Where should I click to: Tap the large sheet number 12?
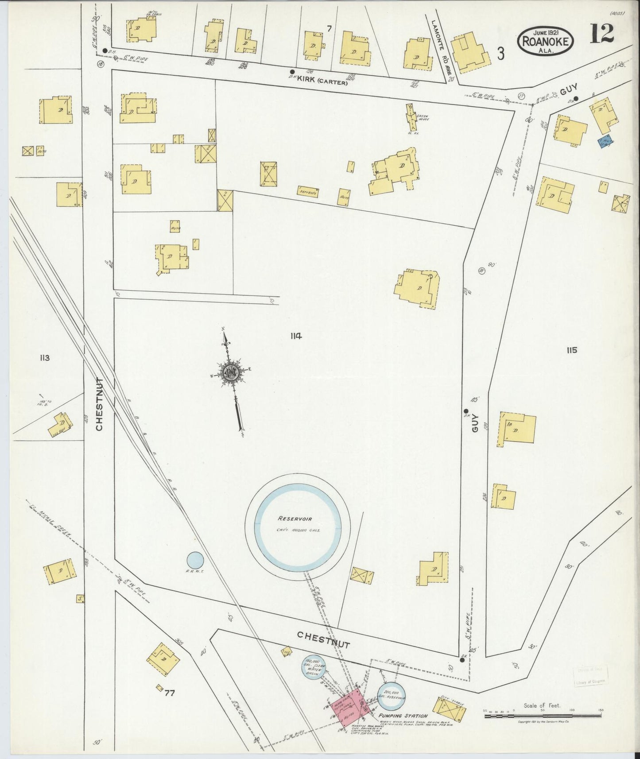pos(601,34)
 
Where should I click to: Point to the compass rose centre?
pos(230,372)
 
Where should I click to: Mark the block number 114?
pos(296,336)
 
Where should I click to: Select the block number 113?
pos(44,358)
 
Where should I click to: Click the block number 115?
pos(571,350)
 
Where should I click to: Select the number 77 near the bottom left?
pos(169,693)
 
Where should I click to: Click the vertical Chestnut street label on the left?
pos(99,404)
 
